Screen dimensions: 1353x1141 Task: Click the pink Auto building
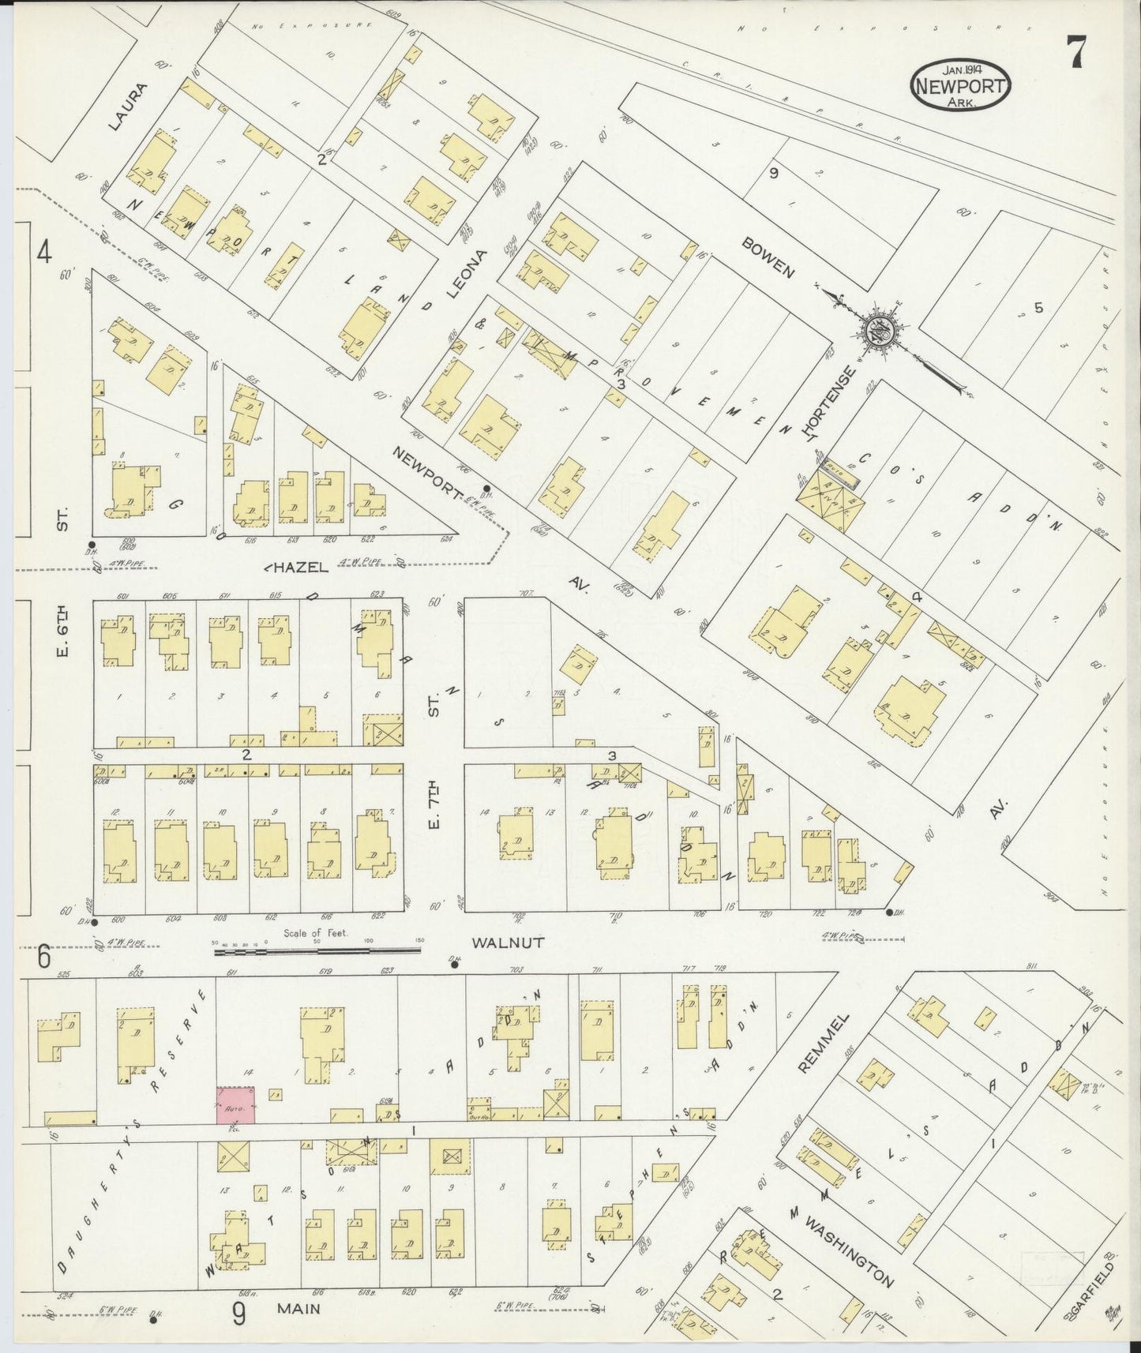point(237,1104)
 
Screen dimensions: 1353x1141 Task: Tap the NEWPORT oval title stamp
point(961,87)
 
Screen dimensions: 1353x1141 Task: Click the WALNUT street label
point(509,943)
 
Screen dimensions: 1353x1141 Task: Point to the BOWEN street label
point(767,257)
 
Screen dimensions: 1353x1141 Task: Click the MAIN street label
point(298,1309)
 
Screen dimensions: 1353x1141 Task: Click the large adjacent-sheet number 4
point(44,254)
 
